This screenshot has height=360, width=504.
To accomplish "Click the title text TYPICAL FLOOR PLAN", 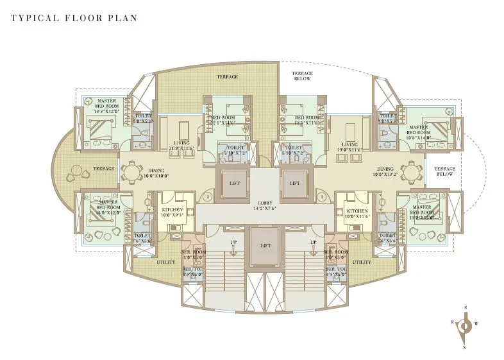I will (74, 17).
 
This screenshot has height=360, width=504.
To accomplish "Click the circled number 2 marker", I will (208, 197).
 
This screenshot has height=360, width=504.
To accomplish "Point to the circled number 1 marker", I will (322, 197).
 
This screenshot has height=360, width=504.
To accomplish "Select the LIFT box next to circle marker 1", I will (294, 182).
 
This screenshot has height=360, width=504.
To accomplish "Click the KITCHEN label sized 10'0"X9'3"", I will (172, 212).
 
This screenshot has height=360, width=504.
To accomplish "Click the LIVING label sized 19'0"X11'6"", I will (350, 147).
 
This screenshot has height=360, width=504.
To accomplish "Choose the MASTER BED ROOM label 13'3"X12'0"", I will (106, 106).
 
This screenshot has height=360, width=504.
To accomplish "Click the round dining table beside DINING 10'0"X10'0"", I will (131, 172).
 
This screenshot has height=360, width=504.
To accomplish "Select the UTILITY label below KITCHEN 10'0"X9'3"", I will (165, 262).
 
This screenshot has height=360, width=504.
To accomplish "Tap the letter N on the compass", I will (464, 347).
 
